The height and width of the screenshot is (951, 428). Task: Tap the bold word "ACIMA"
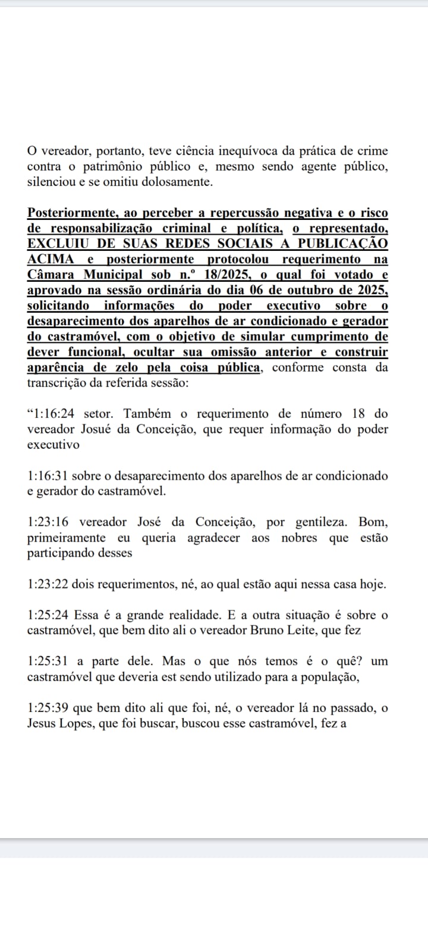[x=51, y=259]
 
